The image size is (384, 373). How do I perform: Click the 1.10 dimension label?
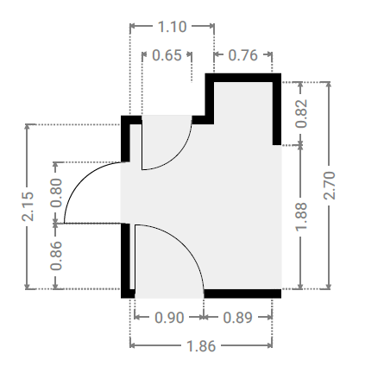coord(172,27)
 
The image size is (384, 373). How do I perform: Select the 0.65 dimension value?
coord(167,55)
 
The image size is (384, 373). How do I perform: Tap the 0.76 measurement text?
coord(242,55)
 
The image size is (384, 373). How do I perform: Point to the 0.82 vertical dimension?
coord(301,114)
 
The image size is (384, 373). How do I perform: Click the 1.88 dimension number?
coord(301,217)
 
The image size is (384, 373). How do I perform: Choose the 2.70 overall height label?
coord(330,186)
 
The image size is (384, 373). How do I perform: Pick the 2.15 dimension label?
coord(28,206)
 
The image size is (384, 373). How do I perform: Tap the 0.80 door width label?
coord(56,193)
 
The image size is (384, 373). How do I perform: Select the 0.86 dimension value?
coord(56,256)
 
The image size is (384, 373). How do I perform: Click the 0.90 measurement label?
coord(169,318)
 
